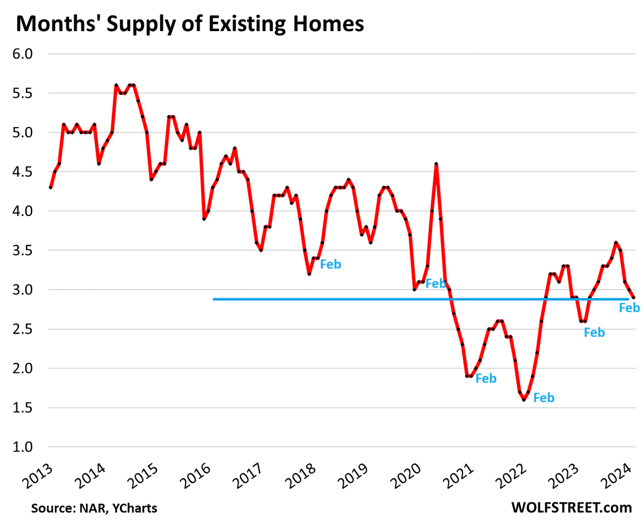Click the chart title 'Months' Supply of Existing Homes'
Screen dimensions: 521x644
point(190,24)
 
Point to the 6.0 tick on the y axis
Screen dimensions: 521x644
point(22,54)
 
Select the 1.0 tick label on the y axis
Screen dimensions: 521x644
point(22,447)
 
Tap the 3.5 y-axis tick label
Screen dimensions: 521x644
point(22,250)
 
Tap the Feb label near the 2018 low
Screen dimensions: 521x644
point(331,264)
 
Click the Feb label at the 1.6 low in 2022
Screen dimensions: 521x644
point(543,398)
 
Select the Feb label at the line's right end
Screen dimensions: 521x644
point(629,307)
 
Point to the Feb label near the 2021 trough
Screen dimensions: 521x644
point(486,379)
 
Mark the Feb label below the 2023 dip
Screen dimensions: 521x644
point(594,333)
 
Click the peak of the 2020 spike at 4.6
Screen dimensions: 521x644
point(436,164)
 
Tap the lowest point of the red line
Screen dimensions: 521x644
point(524,400)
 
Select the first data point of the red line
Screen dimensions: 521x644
point(50,187)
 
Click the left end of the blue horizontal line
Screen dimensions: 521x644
point(214,299)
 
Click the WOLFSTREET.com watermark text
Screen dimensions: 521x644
point(572,507)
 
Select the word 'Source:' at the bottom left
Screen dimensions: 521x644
point(53,508)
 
